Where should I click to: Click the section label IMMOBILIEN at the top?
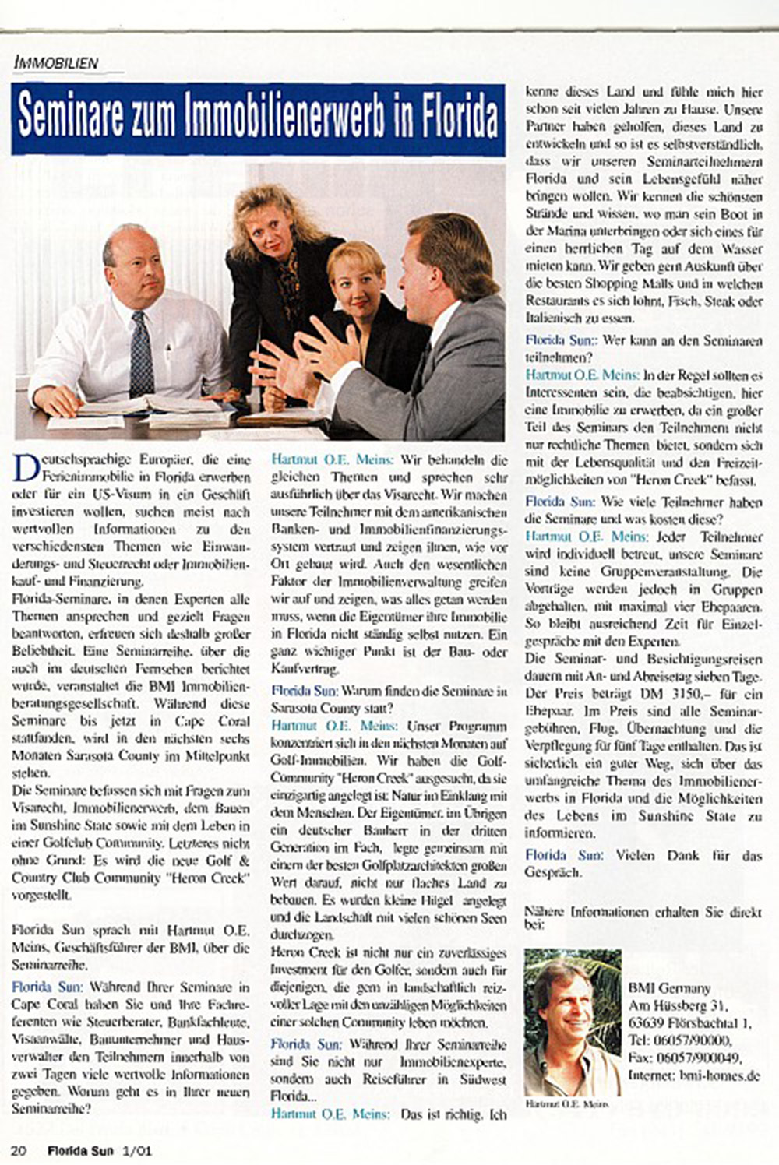(56, 62)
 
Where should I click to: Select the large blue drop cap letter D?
(24, 466)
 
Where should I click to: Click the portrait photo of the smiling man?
(573, 1021)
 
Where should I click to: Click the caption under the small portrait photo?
(568, 1104)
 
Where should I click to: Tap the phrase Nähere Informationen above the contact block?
(593, 910)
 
